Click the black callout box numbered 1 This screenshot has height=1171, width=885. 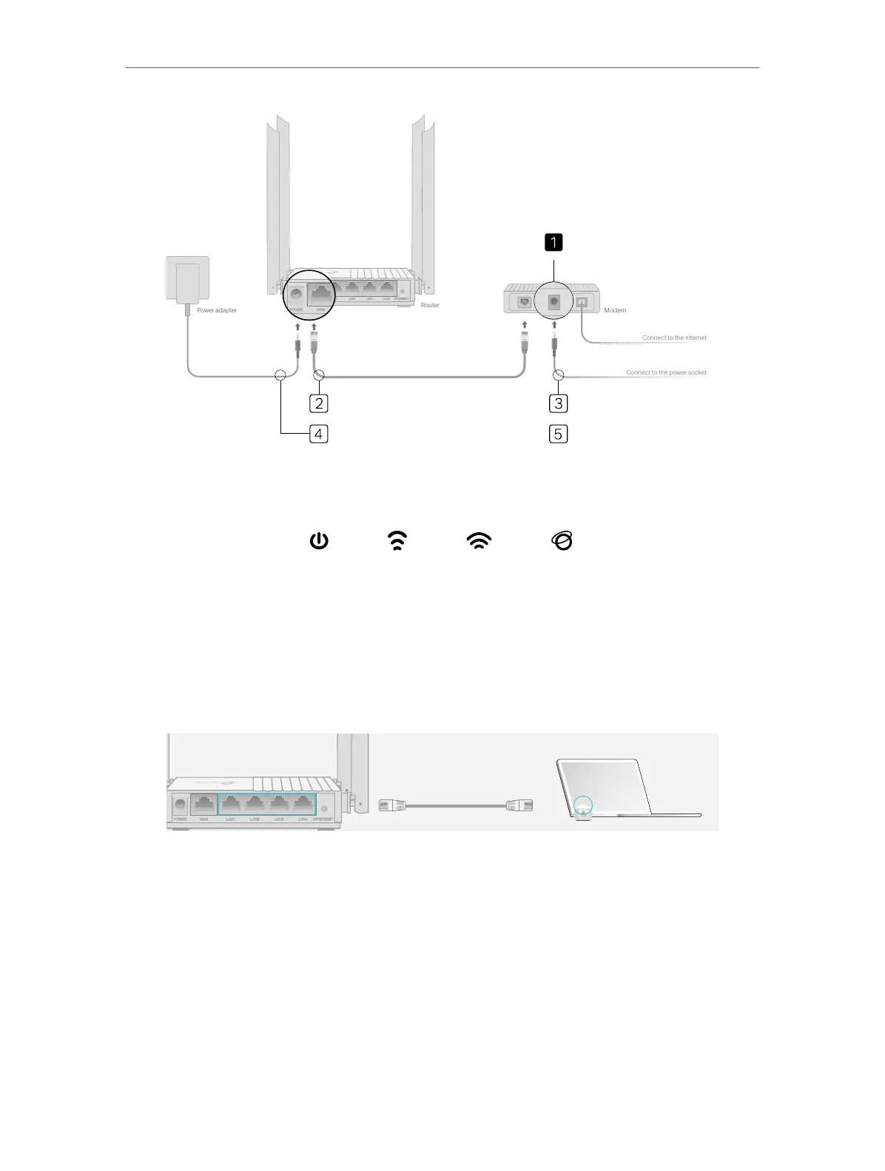pos(553,242)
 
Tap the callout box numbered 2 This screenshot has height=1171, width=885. pos(318,403)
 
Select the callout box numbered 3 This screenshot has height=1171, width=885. pos(559,403)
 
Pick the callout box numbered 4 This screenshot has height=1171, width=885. pos(318,434)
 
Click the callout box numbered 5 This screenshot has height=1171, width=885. pos(559,434)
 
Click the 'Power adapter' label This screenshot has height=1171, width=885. pos(217,310)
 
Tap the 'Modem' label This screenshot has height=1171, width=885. pos(615,310)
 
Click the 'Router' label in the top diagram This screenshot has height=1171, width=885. pos(430,305)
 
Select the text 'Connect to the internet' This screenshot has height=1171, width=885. pos(674,338)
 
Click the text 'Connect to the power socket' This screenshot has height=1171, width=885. pos(666,372)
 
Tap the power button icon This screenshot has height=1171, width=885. pos(318,542)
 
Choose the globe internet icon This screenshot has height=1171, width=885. pos(562,542)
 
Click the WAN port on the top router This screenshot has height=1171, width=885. pos(320,292)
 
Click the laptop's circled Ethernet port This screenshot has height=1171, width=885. pos(583,806)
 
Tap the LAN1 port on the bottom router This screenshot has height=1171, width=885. pos(231,805)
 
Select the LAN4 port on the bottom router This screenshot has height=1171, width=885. pos(302,805)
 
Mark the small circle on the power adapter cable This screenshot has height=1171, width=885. pos(280,375)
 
